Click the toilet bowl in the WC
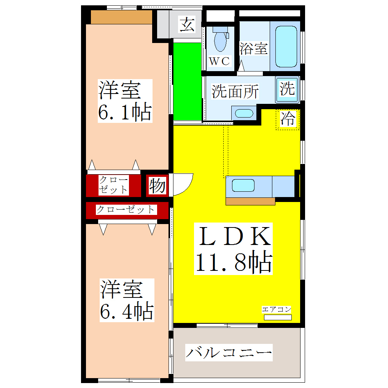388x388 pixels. pyautogui.click(x=220, y=41)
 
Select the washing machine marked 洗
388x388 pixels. pyautogui.click(x=287, y=90)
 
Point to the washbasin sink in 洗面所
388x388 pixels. pyautogui.click(x=243, y=113)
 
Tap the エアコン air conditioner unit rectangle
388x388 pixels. pyautogui.click(x=278, y=317)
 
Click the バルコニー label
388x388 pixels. pyautogui.click(x=229, y=353)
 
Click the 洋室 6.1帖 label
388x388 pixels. pyautogui.click(x=125, y=101)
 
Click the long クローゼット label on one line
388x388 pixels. pyautogui.click(x=126, y=210)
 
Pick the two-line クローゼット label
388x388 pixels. pyautogui.click(x=113, y=185)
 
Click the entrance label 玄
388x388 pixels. pyautogui.click(x=187, y=25)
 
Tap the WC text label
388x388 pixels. pyautogui.click(x=219, y=61)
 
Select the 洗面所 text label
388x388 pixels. pyautogui.click(x=235, y=92)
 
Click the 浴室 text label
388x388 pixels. pyautogui.click(x=253, y=49)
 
